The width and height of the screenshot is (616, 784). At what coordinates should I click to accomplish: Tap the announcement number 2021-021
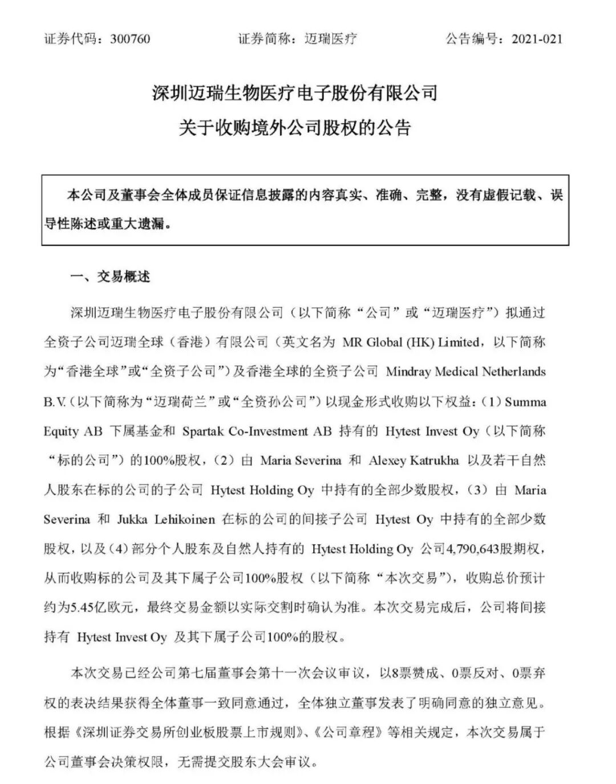537,39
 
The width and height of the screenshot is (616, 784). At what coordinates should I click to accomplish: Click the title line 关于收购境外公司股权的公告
295,127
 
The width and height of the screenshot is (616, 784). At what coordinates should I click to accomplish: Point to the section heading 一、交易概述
110,277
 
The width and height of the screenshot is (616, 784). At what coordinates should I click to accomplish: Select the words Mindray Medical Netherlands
465,372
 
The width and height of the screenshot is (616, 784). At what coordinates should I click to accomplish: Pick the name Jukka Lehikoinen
166,520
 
